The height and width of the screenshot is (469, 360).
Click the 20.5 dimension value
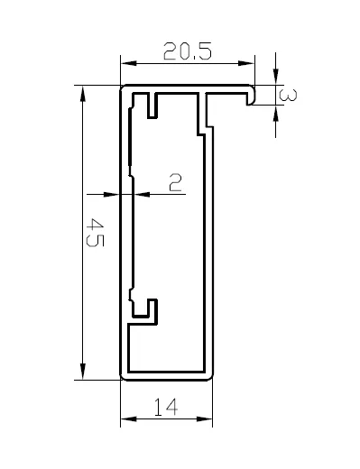[188, 51]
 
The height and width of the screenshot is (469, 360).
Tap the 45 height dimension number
[95, 233]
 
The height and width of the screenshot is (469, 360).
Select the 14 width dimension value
[166, 407]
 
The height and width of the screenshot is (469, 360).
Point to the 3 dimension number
[288, 95]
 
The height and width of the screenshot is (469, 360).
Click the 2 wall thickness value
[175, 182]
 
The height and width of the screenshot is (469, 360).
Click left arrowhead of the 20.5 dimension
[128, 63]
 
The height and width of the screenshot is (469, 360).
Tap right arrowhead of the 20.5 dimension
[246, 63]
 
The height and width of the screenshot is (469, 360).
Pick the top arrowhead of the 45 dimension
[82, 94]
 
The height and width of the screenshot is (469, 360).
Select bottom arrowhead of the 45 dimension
[82, 372]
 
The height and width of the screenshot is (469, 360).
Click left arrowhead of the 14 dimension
[128, 418]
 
